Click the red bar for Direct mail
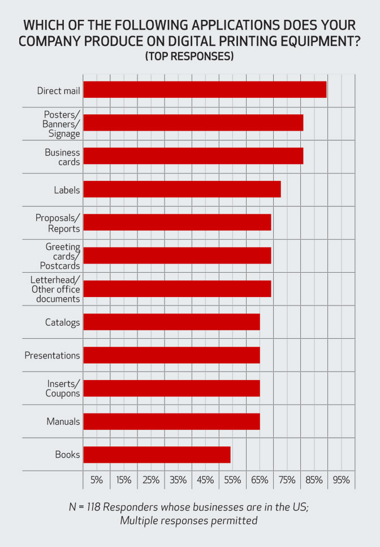tap(205, 89)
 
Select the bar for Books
tap(157, 454)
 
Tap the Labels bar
tap(182, 189)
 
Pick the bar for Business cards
tap(193, 156)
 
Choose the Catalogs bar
tap(171, 322)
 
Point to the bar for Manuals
tap(171, 421)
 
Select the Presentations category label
tap(52, 355)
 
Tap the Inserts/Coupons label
tap(63, 388)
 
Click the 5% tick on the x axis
tap(97, 480)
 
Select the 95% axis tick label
tap(341, 480)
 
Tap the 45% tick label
tap(205, 480)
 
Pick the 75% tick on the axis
tap(287, 480)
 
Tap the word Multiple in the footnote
tap(140, 521)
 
